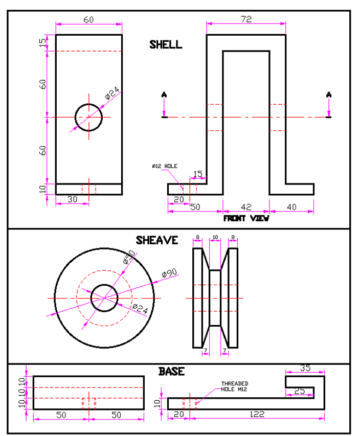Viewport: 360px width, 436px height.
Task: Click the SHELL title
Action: point(165,44)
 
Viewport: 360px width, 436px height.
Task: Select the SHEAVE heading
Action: point(156,240)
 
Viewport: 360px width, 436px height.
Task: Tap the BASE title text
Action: point(171,371)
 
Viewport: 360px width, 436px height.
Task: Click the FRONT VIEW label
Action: point(246,218)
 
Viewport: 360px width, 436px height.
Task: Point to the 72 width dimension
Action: point(246,19)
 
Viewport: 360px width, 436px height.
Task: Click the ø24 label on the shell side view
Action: point(112,93)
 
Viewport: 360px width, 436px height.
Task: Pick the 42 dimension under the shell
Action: point(246,206)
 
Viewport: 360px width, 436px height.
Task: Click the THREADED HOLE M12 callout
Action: point(235,386)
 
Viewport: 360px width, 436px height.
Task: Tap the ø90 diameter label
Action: point(169,273)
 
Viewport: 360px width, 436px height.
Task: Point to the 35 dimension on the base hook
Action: point(305,368)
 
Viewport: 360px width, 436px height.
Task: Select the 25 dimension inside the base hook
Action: point(300,391)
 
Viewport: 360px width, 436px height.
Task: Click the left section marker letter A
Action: point(164,94)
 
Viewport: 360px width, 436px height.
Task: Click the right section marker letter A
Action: point(329,94)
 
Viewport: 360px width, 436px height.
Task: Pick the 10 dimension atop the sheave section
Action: point(215,238)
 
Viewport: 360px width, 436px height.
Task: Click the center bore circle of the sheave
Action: point(104,297)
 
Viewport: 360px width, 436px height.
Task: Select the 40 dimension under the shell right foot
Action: point(291,206)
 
